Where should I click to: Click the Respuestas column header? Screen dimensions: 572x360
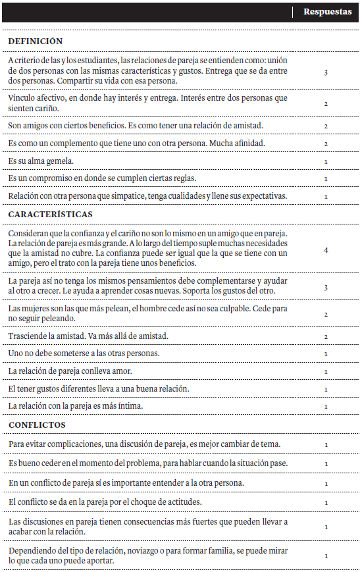pyautogui.click(x=327, y=12)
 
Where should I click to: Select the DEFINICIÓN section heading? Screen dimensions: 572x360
pyautogui.click(x=36, y=41)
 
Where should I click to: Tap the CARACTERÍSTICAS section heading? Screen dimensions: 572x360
pyautogui.click(x=51, y=214)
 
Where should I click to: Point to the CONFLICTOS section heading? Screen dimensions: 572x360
pyautogui.click(x=37, y=425)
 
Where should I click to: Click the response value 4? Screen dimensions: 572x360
pyautogui.click(x=326, y=250)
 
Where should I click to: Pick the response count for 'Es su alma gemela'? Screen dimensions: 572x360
pyautogui.click(x=326, y=161)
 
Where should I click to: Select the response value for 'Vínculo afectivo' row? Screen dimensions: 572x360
pyautogui.click(x=326, y=103)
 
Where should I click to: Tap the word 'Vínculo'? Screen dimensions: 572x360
pyautogui.click(x=22, y=98)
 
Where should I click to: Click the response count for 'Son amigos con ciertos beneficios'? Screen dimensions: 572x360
pyautogui.click(x=326, y=125)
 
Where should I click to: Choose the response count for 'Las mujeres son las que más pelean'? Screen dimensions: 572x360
pyautogui.click(x=326, y=314)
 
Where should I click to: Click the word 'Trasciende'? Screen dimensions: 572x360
pyautogui.click(x=28, y=336)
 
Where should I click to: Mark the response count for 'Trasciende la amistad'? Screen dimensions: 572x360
pyautogui.click(x=326, y=336)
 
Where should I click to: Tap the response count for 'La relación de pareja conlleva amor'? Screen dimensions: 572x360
pyautogui.click(x=326, y=371)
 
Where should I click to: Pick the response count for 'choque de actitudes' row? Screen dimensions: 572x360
pyautogui.click(x=326, y=502)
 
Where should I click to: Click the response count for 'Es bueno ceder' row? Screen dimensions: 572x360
pyautogui.click(x=326, y=463)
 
